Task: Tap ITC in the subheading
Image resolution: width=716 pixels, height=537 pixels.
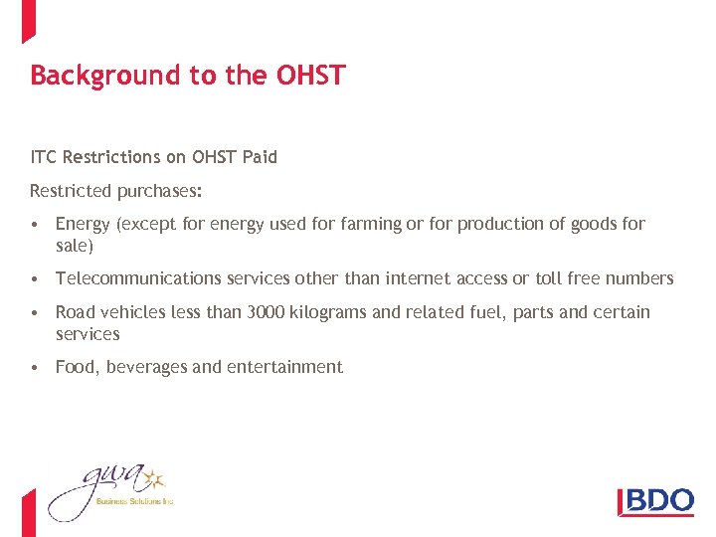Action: click(x=44, y=157)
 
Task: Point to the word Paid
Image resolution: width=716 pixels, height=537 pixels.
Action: click(x=259, y=157)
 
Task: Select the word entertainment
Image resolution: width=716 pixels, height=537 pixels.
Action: click(x=284, y=367)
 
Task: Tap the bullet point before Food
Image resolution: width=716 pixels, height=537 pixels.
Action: click(x=35, y=367)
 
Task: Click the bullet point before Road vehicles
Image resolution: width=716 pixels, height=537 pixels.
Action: click(x=35, y=312)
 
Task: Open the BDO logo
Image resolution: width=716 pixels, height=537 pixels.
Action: click(x=655, y=500)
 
